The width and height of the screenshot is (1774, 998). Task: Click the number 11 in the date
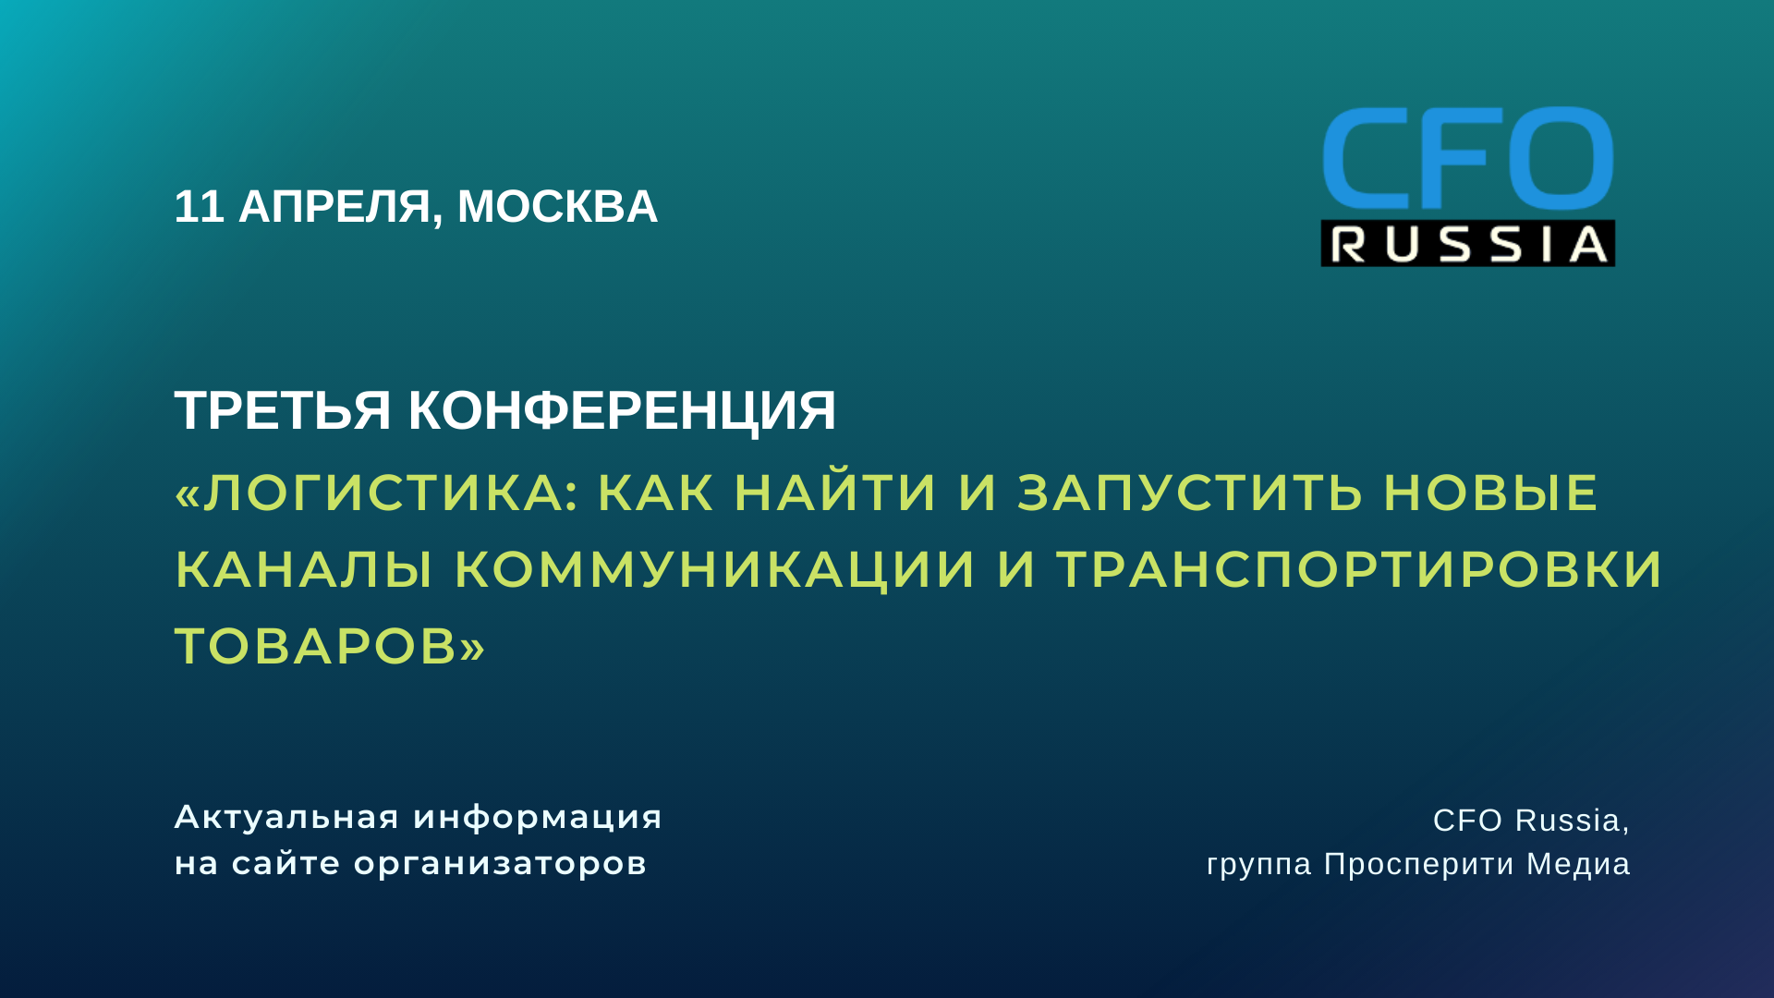click(x=199, y=206)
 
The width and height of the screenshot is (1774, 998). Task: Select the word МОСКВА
click(x=557, y=206)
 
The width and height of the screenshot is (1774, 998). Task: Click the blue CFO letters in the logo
click(x=1467, y=158)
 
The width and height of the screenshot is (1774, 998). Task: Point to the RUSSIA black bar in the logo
click(x=1467, y=244)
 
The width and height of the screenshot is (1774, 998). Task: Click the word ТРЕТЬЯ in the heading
click(x=283, y=409)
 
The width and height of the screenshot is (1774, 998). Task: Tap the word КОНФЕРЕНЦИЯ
click(x=622, y=410)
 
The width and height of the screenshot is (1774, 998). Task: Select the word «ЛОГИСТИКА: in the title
click(x=375, y=492)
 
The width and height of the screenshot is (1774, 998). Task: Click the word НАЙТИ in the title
click(x=835, y=492)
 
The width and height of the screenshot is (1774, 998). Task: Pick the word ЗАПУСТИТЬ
click(x=1190, y=492)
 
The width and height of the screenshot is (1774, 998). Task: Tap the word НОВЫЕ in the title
click(x=1490, y=492)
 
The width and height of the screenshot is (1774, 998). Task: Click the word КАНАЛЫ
click(x=304, y=568)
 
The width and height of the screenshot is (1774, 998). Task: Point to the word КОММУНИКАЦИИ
click(x=714, y=568)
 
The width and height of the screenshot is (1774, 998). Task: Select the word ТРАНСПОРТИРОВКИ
click(x=1359, y=568)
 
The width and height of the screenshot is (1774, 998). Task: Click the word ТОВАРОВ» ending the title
click(x=330, y=645)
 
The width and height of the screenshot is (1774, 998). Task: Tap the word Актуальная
click(x=286, y=817)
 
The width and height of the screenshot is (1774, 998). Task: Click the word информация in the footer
click(x=538, y=817)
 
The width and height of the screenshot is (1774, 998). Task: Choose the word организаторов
click(x=500, y=864)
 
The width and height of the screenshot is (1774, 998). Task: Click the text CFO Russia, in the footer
click(x=1530, y=820)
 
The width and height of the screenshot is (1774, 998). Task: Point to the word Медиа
click(x=1577, y=864)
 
